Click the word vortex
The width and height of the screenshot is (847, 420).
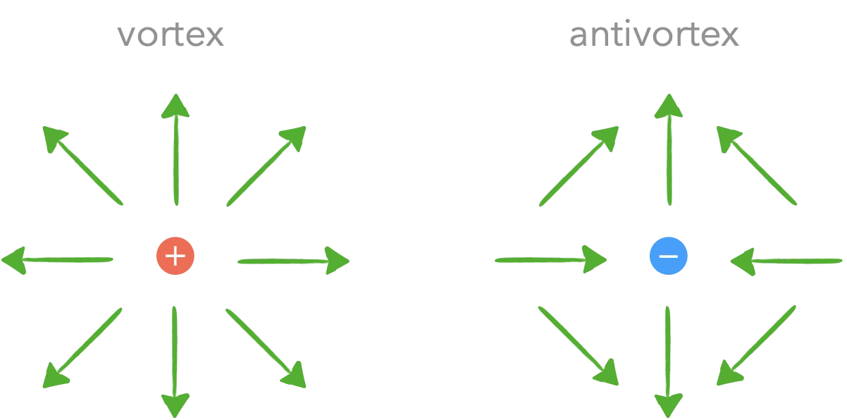(x=171, y=35)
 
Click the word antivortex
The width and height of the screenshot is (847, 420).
(x=654, y=33)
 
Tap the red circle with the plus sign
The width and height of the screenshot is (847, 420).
(x=175, y=256)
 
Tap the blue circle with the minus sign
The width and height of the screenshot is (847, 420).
(x=669, y=256)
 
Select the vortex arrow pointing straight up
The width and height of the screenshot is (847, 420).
(x=176, y=149)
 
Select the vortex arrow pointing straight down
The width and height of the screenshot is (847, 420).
(x=175, y=362)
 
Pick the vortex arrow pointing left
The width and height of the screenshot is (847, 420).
(x=57, y=260)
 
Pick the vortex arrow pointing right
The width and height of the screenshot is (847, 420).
(x=293, y=261)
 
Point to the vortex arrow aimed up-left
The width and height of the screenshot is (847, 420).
(x=83, y=166)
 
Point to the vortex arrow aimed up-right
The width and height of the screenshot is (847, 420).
(x=266, y=166)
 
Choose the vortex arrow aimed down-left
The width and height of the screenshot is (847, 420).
(x=82, y=348)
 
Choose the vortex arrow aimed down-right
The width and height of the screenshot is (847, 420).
(x=266, y=349)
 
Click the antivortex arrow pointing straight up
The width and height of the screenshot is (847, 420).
(x=669, y=149)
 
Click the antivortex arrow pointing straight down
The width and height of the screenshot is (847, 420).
(x=668, y=362)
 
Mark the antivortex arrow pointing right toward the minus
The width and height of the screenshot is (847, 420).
(x=551, y=259)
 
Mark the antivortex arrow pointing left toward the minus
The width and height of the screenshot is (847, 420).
(x=786, y=261)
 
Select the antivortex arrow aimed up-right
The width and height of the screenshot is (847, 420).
(x=579, y=166)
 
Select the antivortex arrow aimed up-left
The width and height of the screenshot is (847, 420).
(x=757, y=166)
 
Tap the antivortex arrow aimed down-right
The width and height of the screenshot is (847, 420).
(x=578, y=346)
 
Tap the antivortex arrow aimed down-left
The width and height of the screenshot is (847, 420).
(x=756, y=345)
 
